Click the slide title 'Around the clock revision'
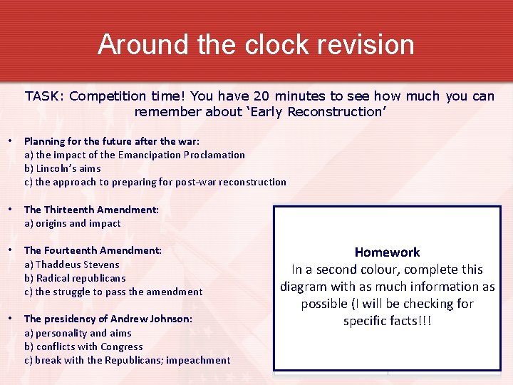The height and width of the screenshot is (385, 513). (x=256, y=44)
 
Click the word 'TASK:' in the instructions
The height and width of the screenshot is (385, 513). (x=46, y=96)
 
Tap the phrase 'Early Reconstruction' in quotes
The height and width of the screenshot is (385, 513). (x=336, y=112)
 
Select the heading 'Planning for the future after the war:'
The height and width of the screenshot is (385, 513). (x=112, y=141)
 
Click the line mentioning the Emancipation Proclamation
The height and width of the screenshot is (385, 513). (x=135, y=155)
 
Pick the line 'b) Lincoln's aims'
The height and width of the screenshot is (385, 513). (x=63, y=168)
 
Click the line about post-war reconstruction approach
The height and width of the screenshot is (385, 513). (x=155, y=182)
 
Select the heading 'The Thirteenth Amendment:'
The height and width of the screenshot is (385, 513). (x=91, y=210)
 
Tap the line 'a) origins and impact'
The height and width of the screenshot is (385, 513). (x=73, y=223)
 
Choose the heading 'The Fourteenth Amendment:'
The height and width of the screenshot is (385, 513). (x=93, y=250)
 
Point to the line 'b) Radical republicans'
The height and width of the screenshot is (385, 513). (x=75, y=278)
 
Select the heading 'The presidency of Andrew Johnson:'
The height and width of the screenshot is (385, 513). (x=108, y=319)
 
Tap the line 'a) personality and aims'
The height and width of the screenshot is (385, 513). (x=78, y=333)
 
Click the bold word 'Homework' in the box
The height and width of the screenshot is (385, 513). (x=387, y=252)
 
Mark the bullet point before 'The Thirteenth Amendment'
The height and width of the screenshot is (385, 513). (x=10, y=210)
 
